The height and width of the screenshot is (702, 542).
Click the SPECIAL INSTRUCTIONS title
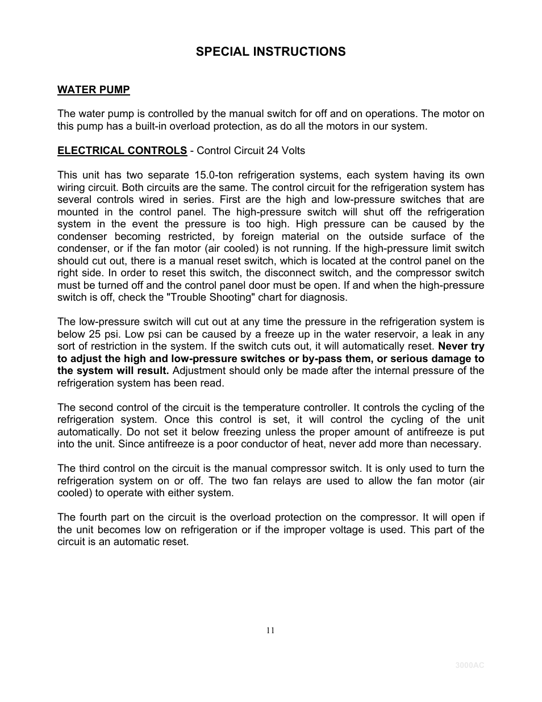pos(270,52)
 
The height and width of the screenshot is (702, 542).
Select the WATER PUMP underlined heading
pos(93,90)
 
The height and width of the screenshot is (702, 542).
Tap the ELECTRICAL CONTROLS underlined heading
pos(122,151)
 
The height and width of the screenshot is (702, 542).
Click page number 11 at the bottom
pos(270,630)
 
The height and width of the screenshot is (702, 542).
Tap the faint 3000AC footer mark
pos(469,666)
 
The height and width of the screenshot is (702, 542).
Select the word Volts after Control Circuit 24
pos(294,151)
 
